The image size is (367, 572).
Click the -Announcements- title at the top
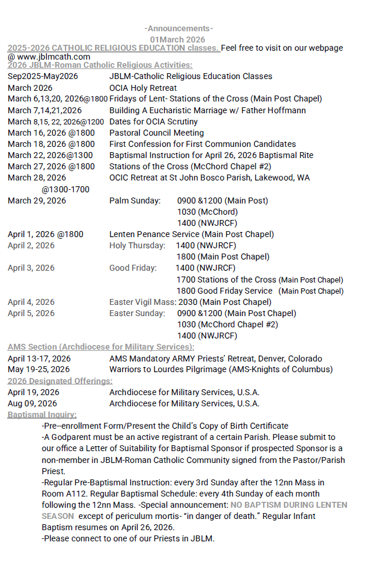tap(178, 28)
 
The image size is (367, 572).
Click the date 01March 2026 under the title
tap(178, 39)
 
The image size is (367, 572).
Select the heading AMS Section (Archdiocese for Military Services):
tap(101, 347)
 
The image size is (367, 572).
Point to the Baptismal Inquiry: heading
tap(42, 415)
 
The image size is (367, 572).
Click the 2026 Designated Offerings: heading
tap(60, 381)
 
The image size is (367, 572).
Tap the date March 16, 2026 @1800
tap(51, 133)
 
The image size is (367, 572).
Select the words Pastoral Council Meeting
tap(156, 133)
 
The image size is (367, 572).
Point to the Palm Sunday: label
tap(135, 200)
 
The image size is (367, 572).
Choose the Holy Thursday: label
tap(137, 245)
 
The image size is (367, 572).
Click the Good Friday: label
tap(133, 268)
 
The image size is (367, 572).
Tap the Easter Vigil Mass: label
tap(142, 302)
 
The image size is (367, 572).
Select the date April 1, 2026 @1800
tap(45, 234)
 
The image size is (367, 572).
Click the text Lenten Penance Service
tap(155, 234)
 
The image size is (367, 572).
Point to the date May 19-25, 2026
tap(38, 370)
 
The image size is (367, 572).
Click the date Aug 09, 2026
tap(32, 403)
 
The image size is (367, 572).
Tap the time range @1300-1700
tap(65, 189)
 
